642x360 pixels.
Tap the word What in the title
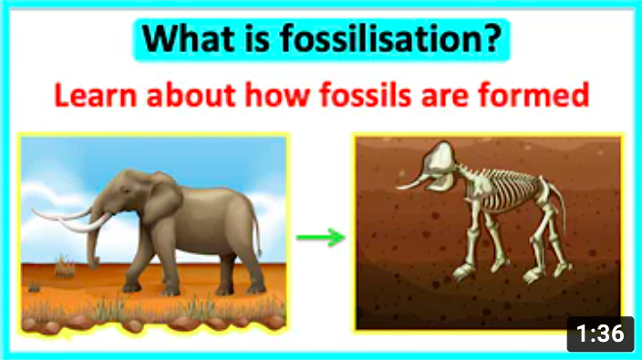point(189,39)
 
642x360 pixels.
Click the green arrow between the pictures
point(321,239)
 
